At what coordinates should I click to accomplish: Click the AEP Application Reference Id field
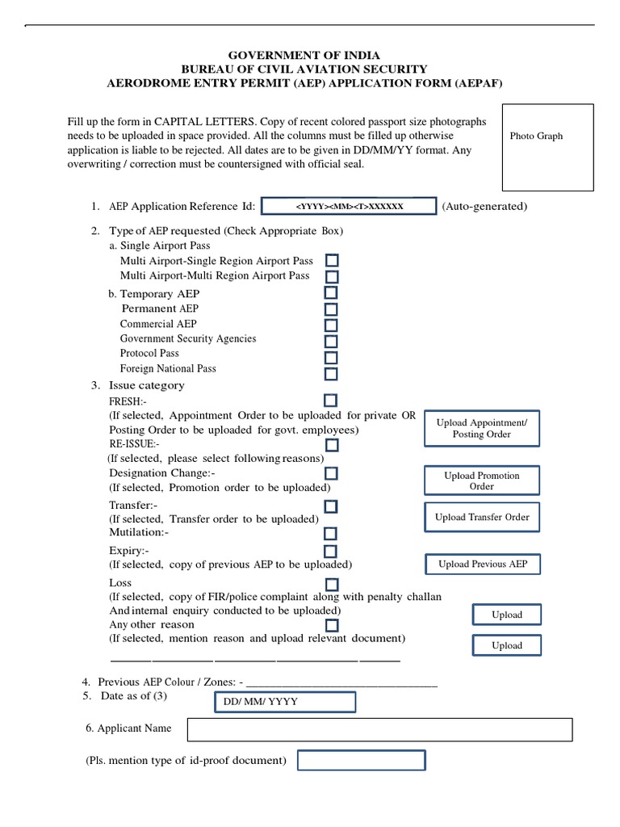click(x=349, y=207)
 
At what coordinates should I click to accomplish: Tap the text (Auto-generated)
click(x=484, y=207)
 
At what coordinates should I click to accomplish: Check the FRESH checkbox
click(x=331, y=401)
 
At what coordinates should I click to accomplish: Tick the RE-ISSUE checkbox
click(x=331, y=445)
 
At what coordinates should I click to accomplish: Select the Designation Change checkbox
click(x=331, y=473)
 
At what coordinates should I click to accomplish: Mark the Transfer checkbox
click(x=331, y=506)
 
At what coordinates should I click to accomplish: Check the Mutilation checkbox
click(x=331, y=534)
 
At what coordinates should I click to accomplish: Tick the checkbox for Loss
click(x=331, y=584)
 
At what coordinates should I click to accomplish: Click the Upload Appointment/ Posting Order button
click(x=482, y=428)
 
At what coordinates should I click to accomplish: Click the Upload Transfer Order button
click(x=482, y=517)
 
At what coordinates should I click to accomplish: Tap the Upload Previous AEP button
click(x=482, y=564)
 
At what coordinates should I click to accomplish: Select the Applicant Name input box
click(x=379, y=729)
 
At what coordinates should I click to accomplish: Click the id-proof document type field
click(x=361, y=761)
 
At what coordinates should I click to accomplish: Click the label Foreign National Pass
click(x=168, y=368)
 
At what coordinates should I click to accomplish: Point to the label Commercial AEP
click(x=158, y=324)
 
